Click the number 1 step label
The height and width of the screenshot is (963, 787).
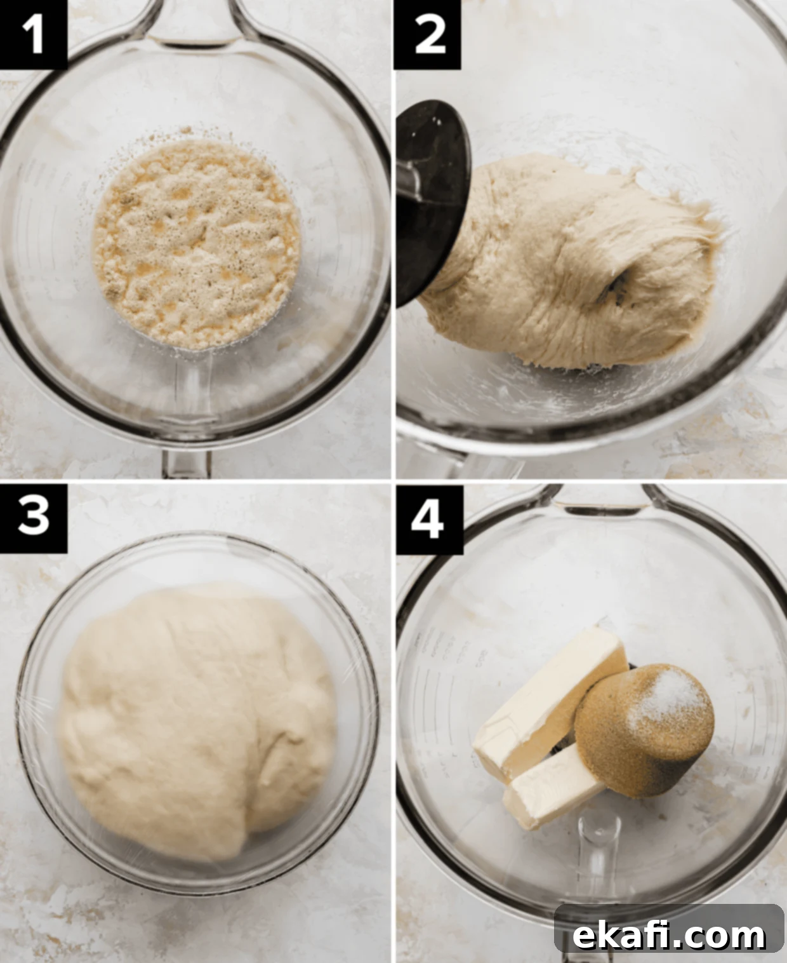pos(33,34)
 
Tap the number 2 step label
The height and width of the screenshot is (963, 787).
pos(428,34)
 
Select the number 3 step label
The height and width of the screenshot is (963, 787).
pos(33,518)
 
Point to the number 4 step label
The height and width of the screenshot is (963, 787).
pos(428,520)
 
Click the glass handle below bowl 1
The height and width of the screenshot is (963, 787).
pos(187,464)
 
